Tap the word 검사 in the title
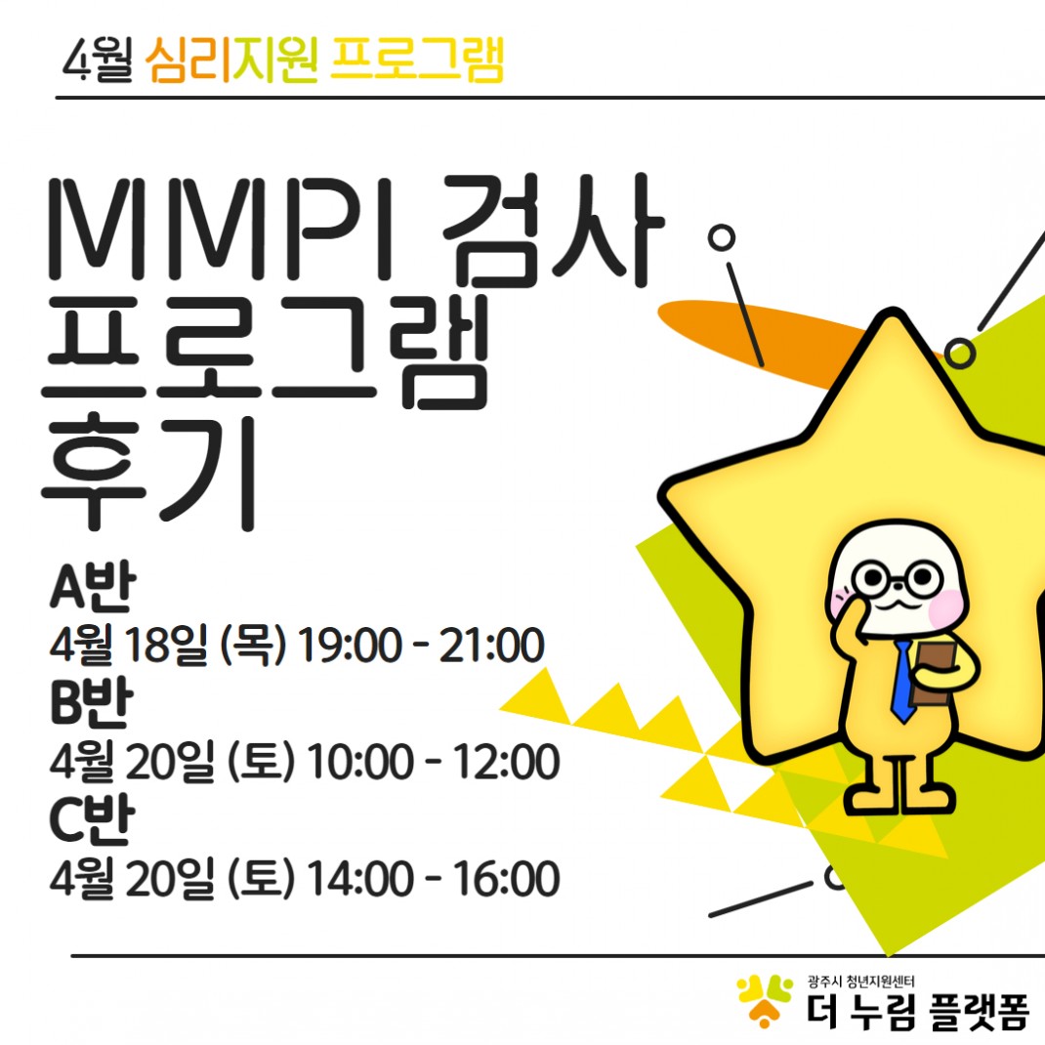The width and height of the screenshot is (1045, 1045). pos(554,230)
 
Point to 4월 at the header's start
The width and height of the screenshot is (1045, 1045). pos(98,60)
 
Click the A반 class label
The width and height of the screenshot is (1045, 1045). pos(93,587)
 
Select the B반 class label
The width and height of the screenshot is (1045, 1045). pos(91,702)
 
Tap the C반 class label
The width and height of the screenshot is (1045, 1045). pos(92,819)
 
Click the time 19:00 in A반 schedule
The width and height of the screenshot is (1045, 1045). pos(350,646)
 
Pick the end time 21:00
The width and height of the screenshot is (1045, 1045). pos(492,646)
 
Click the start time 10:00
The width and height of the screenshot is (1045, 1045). pos(360,762)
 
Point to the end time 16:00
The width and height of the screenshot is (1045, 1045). pos(507,878)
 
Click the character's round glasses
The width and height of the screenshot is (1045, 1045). pos(898,578)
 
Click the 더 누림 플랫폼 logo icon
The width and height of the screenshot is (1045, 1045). pos(765,1000)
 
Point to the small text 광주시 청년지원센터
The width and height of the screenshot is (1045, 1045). pos(861,981)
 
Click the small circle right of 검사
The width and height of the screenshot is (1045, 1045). pos(721,237)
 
